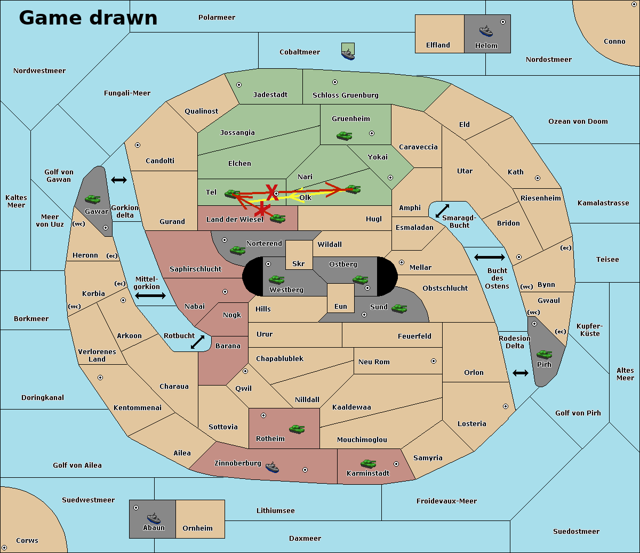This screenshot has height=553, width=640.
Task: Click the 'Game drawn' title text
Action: (x=88, y=18)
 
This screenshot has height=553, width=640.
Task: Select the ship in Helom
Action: (x=486, y=30)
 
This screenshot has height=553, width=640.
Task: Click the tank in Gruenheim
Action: (x=345, y=136)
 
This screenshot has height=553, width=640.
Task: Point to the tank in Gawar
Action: (x=93, y=199)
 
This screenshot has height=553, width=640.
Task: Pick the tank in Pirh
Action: (x=545, y=355)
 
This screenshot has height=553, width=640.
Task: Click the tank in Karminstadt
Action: (x=369, y=463)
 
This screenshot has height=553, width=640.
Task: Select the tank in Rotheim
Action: (x=297, y=428)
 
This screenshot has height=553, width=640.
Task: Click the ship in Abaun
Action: (x=154, y=518)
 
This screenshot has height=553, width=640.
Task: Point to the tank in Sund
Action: (x=399, y=308)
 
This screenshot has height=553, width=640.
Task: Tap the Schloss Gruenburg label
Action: (x=345, y=95)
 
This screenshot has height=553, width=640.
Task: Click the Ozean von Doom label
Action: (x=578, y=122)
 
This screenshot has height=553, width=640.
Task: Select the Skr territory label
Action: (x=299, y=264)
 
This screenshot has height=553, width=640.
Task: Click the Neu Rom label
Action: (x=374, y=362)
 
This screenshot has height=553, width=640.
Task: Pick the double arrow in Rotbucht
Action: (x=198, y=342)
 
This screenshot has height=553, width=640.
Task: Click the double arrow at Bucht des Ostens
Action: (x=489, y=258)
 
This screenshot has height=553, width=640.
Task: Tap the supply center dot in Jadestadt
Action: (x=239, y=85)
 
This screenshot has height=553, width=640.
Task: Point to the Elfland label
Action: (x=438, y=45)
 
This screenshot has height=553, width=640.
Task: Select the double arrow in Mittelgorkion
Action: (x=150, y=295)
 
